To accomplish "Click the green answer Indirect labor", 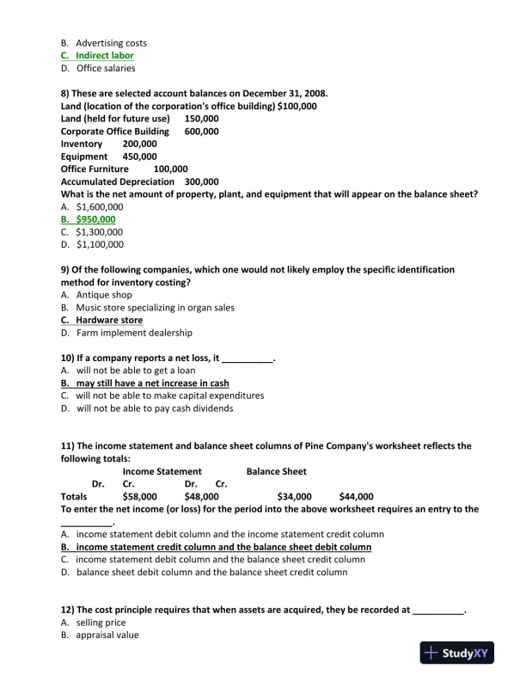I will tap(104, 56).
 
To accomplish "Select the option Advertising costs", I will tap(111, 43).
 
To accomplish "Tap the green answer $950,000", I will tap(95, 219).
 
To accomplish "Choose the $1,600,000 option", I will tap(99, 207).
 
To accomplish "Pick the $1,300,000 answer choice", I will tap(99, 232).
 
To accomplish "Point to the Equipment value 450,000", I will tap(139, 157).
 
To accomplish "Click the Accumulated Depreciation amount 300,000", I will tap(201, 182).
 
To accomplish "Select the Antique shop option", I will tap(104, 295).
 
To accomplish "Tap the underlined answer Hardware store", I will tap(109, 320).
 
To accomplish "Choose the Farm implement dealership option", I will tap(134, 333).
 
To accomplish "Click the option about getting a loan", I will tap(141, 371).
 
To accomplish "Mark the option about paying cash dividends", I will tap(154, 408).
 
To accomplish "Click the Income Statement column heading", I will tap(162, 471).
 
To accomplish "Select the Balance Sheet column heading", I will tap(276, 471).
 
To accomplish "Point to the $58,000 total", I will tap(139, 497).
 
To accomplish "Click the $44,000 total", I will tap(356, 497).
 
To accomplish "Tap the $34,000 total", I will tap(294, 497).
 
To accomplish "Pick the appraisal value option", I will tap(107, 635).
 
